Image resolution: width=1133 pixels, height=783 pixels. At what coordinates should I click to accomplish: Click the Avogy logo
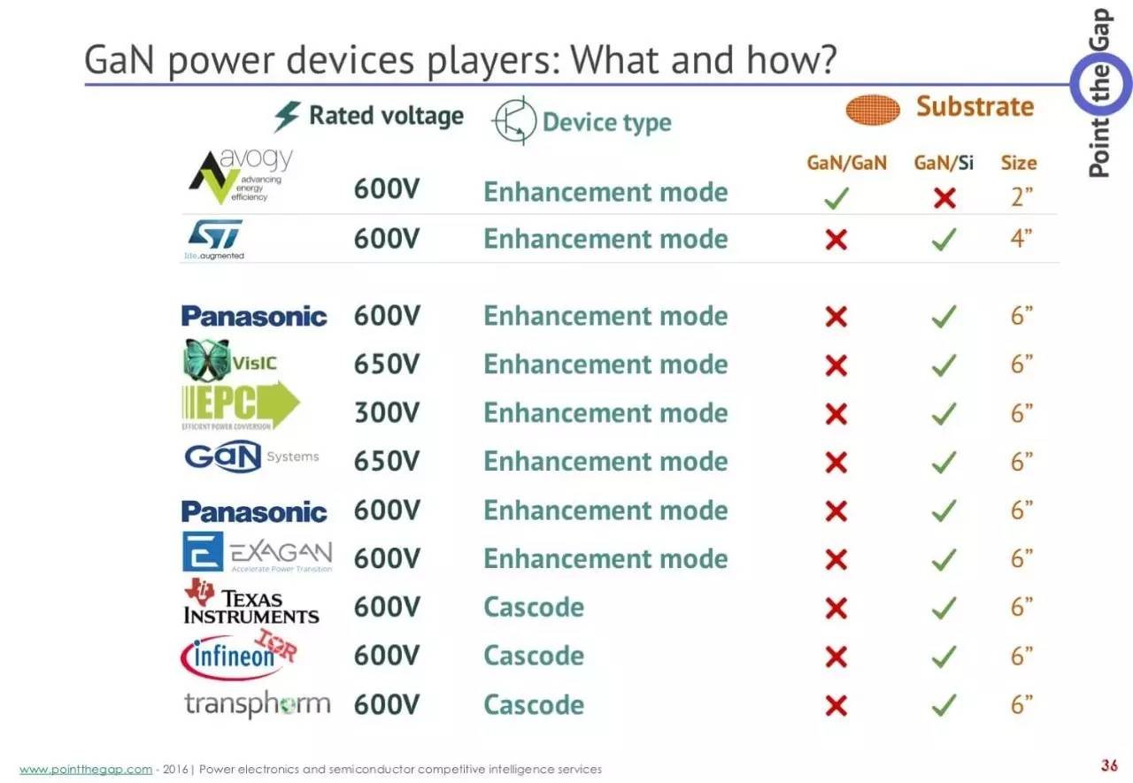(x=241, y=175)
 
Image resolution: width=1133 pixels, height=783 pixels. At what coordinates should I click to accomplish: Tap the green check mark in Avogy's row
(x=836, y=197)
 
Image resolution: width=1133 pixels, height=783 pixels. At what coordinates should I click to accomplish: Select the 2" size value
(x=1021, y=196)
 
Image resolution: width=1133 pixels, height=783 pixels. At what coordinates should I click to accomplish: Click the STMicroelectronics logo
(x=214, y=240)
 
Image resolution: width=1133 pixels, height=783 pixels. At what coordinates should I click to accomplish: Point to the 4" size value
(x=1021, y=238)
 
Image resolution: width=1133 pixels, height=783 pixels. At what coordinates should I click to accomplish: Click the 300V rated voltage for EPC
(x=387, y=412)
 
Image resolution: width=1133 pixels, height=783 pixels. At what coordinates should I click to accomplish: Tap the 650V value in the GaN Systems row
(x=387, y=461)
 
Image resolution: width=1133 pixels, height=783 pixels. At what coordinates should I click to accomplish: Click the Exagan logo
(x=258, y=552)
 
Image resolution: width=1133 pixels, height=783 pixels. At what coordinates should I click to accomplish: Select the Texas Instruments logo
(x=251, y=602)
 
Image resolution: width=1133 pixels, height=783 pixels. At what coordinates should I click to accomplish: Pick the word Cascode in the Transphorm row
(x=534, y=704)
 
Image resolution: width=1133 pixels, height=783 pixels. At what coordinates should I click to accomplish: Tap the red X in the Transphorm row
(x=836, y=706)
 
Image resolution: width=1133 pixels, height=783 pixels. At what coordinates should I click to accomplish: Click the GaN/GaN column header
(x=847, y=163)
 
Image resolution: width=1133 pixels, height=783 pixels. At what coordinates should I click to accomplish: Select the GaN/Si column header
(x=944, y=163)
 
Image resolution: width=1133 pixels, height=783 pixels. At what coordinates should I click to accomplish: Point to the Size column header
(x=1019, y=163)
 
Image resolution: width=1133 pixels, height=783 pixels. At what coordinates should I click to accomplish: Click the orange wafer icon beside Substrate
(x=873, y=110)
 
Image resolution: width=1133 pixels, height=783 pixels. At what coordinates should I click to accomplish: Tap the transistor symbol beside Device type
(x=514, y=121)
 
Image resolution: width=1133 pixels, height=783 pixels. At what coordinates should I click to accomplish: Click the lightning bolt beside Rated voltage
(x=287, y=116)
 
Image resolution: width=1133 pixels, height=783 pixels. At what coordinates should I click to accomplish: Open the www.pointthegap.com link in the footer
(x=86, y=770)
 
